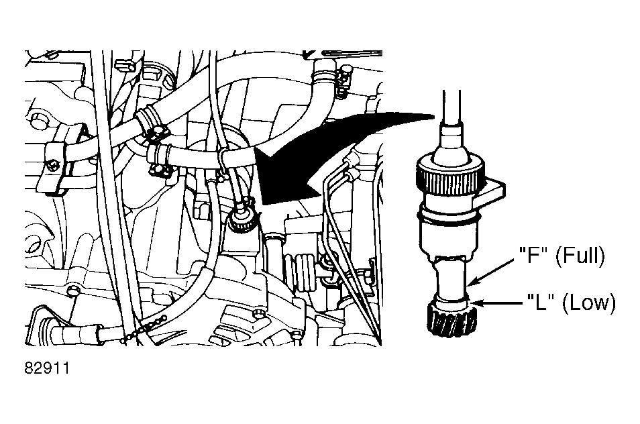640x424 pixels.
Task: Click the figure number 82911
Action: coord(47,368)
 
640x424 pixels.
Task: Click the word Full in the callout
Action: coord(582,256)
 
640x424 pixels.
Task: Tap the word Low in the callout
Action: coord(592,303)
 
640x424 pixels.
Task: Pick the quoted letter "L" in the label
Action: coord(541,303)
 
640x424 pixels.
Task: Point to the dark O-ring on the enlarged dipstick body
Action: coord(449,220)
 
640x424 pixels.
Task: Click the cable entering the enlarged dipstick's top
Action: coord(451,107)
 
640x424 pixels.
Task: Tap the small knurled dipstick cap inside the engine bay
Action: coord(242,221)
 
